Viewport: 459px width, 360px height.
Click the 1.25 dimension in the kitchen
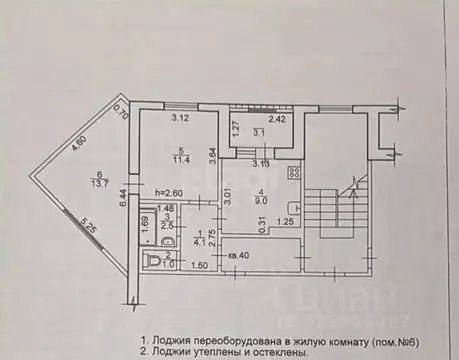click(x=285, y=222)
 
